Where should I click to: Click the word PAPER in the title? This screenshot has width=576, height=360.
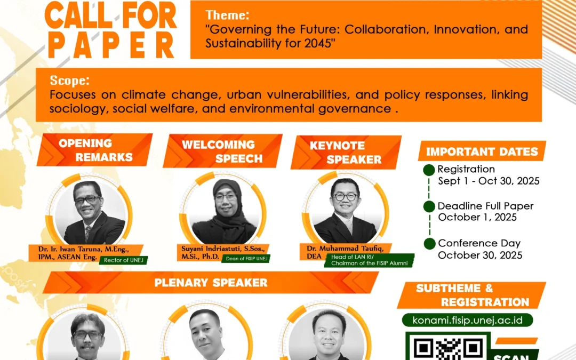(x=111, y=45)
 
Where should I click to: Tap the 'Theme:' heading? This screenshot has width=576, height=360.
(x=227, y=15)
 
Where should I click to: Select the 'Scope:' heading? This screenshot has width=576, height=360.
(x=69, y=80)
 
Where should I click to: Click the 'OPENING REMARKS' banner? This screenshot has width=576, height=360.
(x=95, y=150)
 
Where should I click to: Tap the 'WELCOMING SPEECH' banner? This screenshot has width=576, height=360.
(x=222, y=151)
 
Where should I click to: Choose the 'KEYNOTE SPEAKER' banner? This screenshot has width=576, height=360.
(x=346, y=153)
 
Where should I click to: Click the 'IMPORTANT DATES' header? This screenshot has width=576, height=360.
(x=482, y=151)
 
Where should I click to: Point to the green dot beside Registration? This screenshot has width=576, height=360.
(x=429, y=170)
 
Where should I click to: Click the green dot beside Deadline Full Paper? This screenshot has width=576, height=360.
(x=429, y=206)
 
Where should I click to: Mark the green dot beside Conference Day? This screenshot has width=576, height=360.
(x=429, y=244)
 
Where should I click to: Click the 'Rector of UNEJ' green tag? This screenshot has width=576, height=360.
(x=123, y=260)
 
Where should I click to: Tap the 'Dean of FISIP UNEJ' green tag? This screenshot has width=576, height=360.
(x=246, y=259)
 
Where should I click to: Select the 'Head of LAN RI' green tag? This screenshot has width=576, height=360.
(x=369, y=260)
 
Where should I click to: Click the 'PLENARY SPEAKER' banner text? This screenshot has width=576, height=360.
(x=211, y=283)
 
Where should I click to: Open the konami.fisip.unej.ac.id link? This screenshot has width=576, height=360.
(x=467, y=320)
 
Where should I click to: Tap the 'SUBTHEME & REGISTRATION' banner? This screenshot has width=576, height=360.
(x=471, y=295)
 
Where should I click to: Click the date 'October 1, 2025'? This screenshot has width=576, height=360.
(x=477, y=217)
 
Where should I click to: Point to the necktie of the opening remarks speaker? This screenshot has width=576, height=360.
(x=88, y=233)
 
